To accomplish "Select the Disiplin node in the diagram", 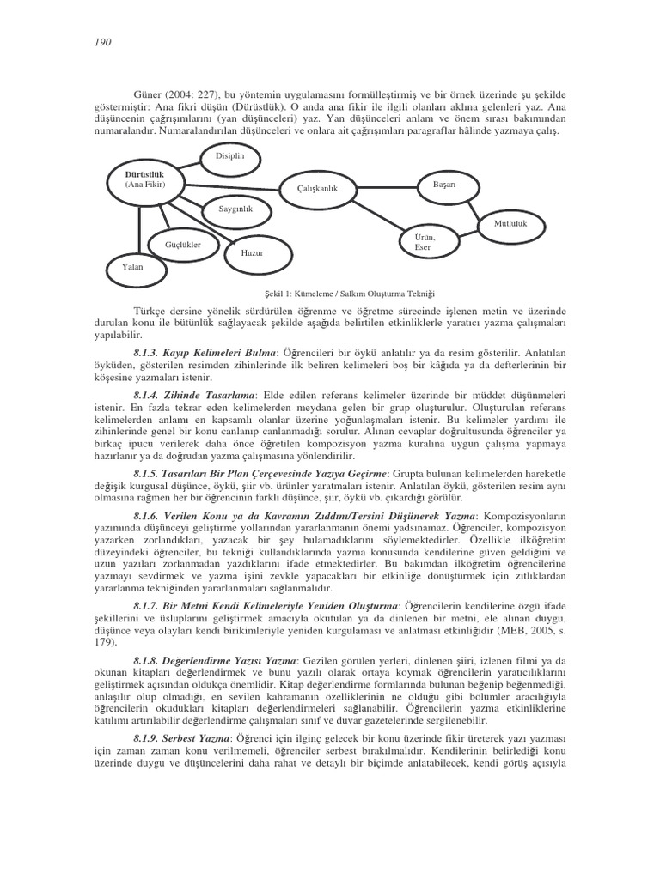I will coord(229,155).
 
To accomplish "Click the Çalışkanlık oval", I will coord(318,189).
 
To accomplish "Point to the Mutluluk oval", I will coord(510,224).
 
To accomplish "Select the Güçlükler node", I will coord(182,245).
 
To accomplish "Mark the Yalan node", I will coord(132,267).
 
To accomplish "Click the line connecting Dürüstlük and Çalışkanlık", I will coord(232,185).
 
